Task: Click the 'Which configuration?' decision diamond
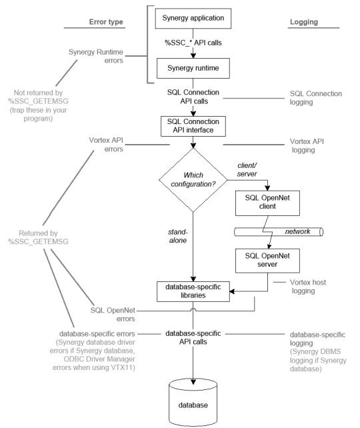point(192,178)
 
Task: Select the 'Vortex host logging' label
point(308,287)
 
